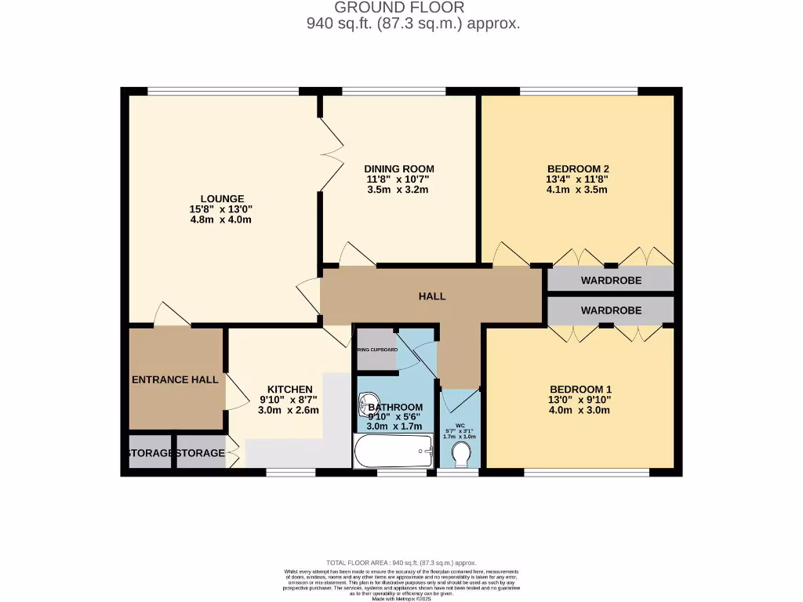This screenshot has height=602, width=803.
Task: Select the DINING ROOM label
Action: click(x=399, y=169)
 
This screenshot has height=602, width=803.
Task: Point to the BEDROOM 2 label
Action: click(x=578, y=169)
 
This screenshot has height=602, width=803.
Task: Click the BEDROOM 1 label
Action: click(x=580, y=390)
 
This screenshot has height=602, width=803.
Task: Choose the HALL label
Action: click(x=432, y=296)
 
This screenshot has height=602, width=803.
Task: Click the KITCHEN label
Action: click(x=290, y=389)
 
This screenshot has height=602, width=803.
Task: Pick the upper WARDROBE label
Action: click(x=611, y=280)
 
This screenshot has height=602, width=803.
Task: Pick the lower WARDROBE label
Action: click(x=611, y=310)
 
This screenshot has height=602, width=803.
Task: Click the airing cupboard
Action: click(x=376, y=350)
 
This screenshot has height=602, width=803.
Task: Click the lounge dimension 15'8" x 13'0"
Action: click(x=222, y=209)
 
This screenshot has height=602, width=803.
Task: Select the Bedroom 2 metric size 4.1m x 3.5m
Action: click(x=578, y=190)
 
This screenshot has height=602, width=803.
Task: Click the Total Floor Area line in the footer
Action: click(x=401, y=563)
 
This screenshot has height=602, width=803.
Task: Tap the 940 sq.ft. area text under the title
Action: click(x=412, y=24)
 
